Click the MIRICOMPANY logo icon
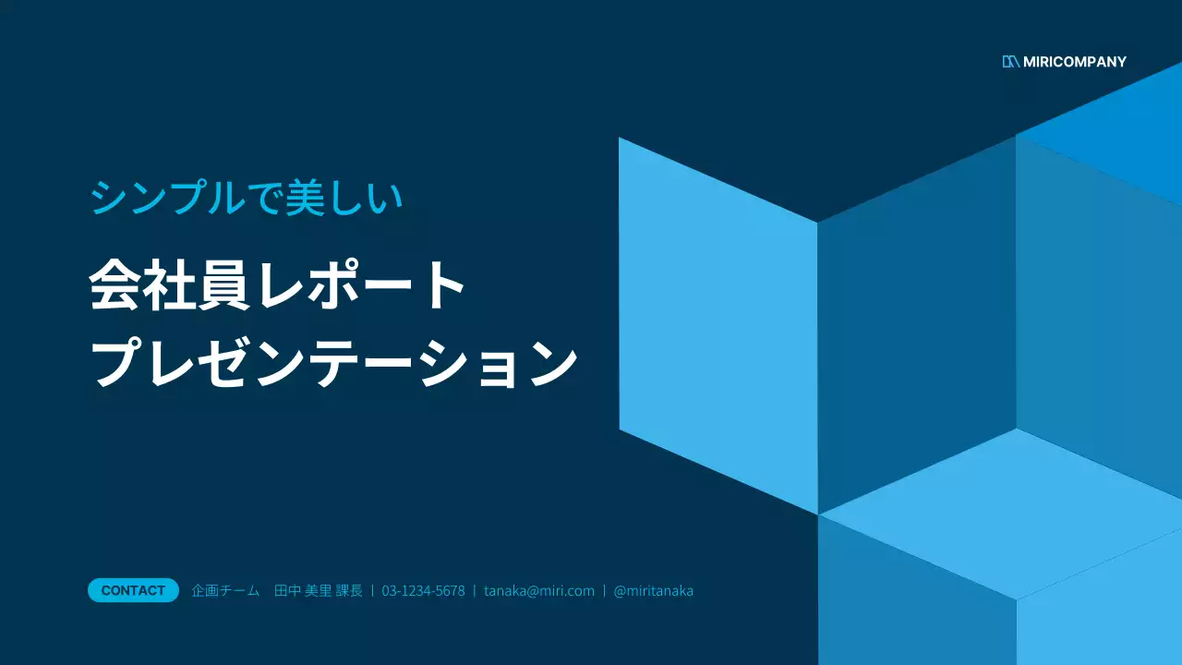[1010, 62]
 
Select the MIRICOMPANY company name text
[1075, 62]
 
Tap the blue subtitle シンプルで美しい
[247, 199]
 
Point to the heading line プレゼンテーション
[334, 364]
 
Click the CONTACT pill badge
[133, 590]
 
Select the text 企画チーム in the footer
[225, 591]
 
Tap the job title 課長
[349, 591]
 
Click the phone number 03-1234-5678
[423, 591]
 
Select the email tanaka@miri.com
[539, 591]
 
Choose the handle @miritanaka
[654, 591]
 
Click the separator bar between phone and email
[475, 591]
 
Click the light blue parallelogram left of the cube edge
[718, 323]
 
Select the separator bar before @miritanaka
[604, 591]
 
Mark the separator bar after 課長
[372, 591]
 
